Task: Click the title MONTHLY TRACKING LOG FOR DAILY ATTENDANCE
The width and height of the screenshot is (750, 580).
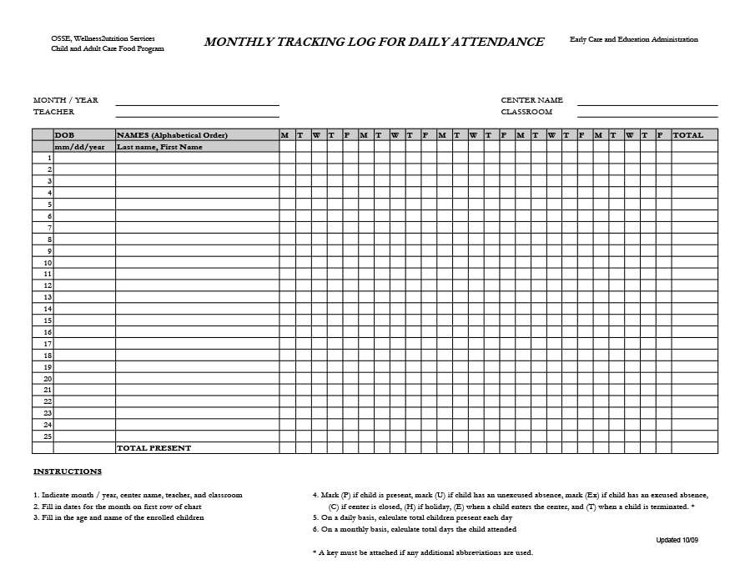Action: tap(374, 43)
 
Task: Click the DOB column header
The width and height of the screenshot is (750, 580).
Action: tap(64, 135)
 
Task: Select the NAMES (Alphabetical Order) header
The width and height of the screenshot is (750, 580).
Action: tap(173, 135)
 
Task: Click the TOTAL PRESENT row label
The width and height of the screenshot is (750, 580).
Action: tap(154, 448)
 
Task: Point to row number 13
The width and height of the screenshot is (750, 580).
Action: tap(48, 297)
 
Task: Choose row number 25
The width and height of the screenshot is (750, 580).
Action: tap(48, 436)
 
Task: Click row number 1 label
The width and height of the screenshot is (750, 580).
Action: tap(49, 158)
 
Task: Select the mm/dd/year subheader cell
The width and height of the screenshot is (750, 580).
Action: tap(80, 147)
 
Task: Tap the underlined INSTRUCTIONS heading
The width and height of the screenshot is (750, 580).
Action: tap(68, 472)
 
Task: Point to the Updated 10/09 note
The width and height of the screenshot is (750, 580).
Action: tap(677, 541)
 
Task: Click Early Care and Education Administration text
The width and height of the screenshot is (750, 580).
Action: tap(634, 39)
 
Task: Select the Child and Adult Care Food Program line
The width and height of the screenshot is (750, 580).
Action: tap(108, 49)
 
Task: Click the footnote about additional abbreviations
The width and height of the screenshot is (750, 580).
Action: tap(422, 552)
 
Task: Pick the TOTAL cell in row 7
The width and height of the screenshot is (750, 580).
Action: tap(694, 228)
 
